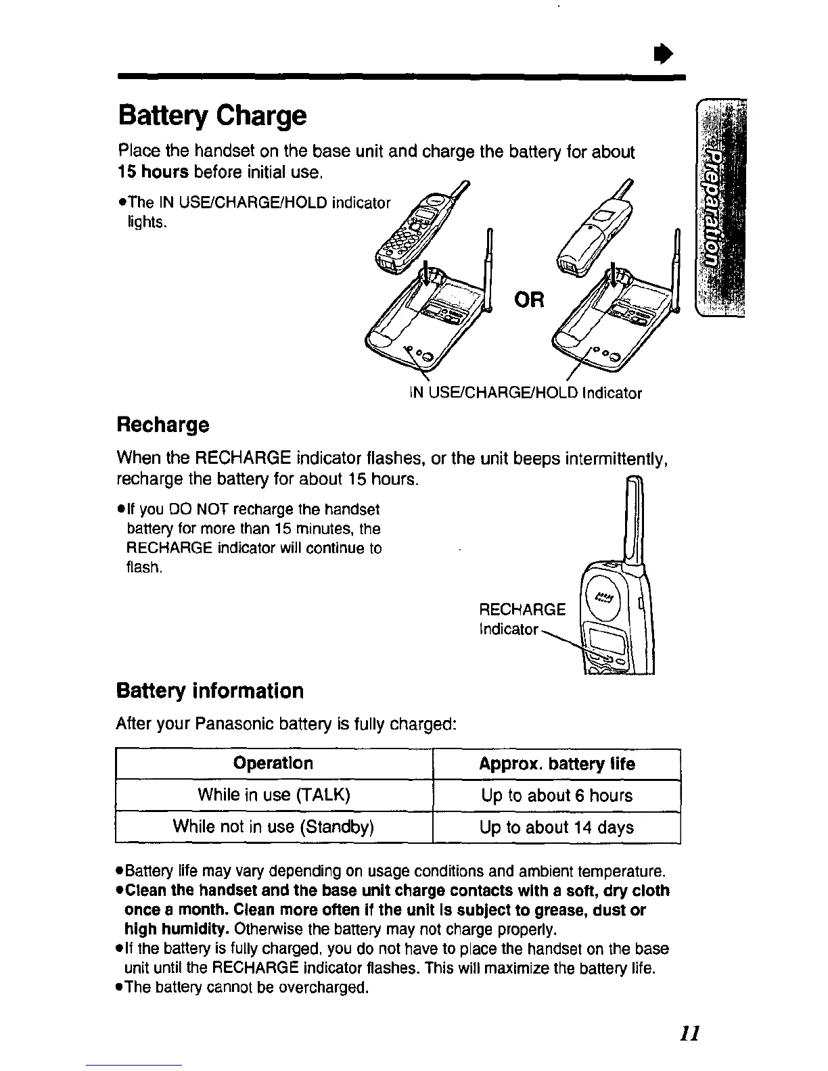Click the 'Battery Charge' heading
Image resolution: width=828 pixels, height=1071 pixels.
click(212, 116)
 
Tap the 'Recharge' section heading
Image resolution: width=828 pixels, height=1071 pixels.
click(163, 425)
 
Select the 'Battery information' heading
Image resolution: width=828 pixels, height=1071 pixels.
click(210, 691)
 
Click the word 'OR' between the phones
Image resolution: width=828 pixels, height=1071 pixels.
click(529, 299)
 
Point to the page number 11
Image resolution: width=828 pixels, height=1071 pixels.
click(689, 1034)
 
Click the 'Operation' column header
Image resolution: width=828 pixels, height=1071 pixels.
click(273, 764)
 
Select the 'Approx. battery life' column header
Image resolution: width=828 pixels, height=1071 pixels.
click(557, 764)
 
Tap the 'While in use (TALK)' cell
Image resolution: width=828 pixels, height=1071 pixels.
click(273, 795)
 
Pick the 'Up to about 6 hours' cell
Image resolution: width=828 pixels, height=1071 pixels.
click(557, 796)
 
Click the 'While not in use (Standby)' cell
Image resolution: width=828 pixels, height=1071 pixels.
click(273, 826)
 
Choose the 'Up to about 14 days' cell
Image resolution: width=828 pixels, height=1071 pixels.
click(557, 828)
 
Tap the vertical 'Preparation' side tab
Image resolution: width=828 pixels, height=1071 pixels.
click(718, 208)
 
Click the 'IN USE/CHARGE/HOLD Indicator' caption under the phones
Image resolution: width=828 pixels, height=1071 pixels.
click(525, 394)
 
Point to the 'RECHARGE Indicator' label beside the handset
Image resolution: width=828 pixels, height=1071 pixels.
click(521, 619)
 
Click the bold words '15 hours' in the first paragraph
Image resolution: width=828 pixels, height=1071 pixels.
click(153, 172)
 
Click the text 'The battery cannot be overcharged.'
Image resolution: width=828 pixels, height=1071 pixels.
click(247, 988)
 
